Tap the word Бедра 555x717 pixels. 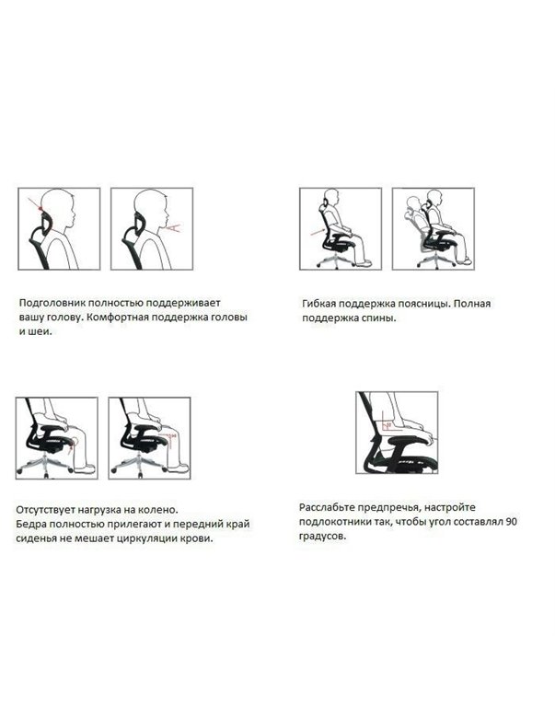pyautogui.click(x=30, y=524)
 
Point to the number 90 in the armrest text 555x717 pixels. pyautogui.click(x=512, y=522)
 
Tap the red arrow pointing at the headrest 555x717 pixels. pyautogui.click(x=35, y=204)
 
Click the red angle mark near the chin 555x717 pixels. pyautogui.click(x=174, y=226)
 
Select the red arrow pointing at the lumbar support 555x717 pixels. pyautogui.click(x=317, y=232)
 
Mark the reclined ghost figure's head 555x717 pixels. pyautogui.click(x=413, y=202)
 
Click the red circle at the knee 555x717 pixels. pyautogui.click(x=74, y=441)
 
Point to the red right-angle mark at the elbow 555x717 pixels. pyautogui.click(x=387, y=426)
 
